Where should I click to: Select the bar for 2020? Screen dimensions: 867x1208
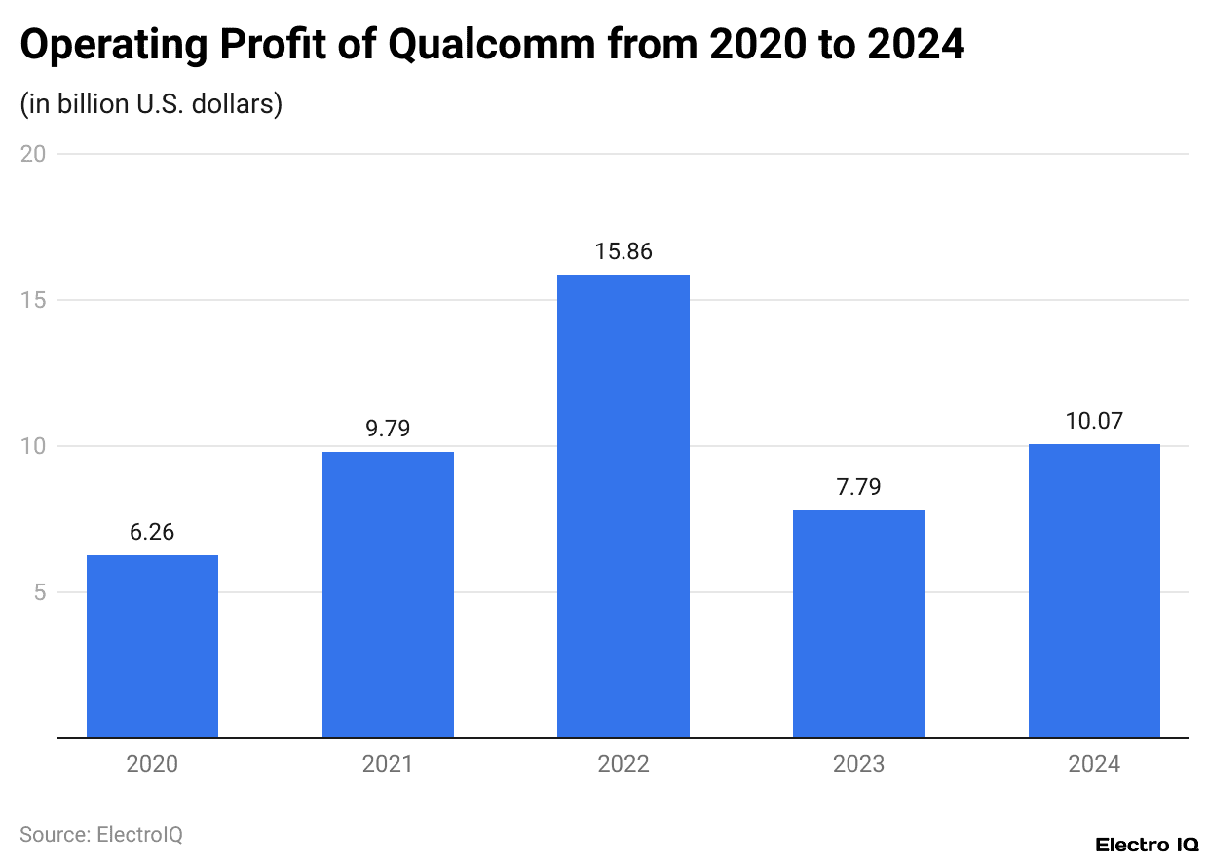click(x=152, y=647)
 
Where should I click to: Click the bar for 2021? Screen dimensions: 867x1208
click(x=388, y=595)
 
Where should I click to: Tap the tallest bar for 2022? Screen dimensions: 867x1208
click(x=623, y=507)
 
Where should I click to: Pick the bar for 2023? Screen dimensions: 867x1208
click(x=858, y=624)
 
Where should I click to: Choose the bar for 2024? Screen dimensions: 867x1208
click(x=1094, y=591)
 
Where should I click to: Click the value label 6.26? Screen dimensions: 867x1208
click(x=152, y=533)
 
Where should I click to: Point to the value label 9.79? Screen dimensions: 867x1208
click(x=388, y=430)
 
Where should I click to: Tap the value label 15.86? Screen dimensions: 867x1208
click(x=623, y=252)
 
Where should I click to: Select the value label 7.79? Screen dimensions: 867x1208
click(x=858, y=488)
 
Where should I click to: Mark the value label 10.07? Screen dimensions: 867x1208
click(x=1094, y=422)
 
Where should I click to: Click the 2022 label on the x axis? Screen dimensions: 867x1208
click(x=623, y=764)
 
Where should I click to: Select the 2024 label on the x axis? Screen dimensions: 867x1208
click(x=1094, y=764)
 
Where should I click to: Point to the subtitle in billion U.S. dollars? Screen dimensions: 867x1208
click(x=151, y=103)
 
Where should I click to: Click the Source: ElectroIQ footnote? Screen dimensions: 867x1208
click(x=101, y=835)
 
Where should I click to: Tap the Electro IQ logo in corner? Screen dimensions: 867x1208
click(x=1147, y=845)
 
